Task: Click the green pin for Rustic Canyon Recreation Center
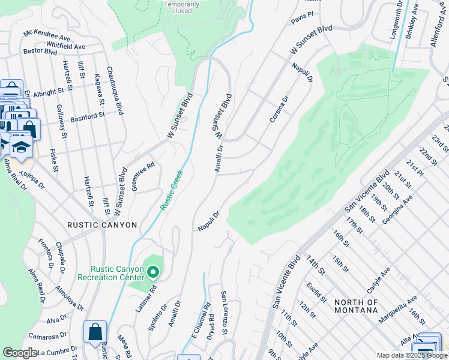point(152,274)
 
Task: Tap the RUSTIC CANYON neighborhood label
point(102,225)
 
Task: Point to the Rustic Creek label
point(172,190)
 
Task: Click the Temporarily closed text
point(178,7)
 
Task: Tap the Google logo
point(20,353)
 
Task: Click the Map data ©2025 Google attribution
point(411,355)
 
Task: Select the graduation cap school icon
point(21,146)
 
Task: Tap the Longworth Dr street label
point(396,20)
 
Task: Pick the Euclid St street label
point(315,293)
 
